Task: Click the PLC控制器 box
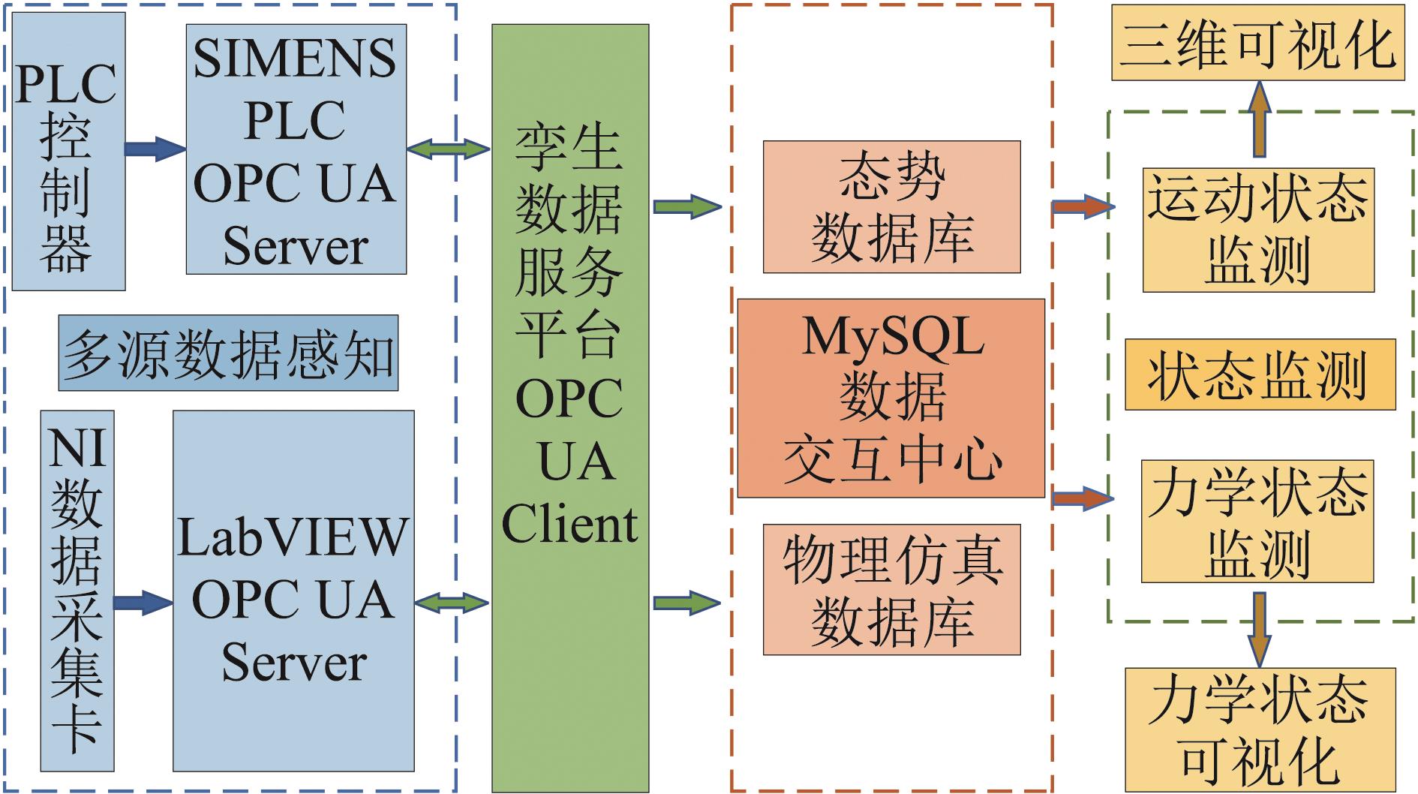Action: pyautogui.click(x=69, y=151)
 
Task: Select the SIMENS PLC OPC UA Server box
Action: pyautogui.click(x=296, y=149)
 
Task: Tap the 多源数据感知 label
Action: pyautogui.click(x=228, y=353)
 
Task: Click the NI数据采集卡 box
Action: pyautogui.click(x=77, y=591)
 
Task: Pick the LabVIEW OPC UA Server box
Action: pyautogui.click(x=293, y=591)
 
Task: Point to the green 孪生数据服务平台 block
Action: pyautogui.click(x=570, y=408)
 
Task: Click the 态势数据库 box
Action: pyautogui.click(x=891, y=206)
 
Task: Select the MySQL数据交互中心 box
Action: pyautogui.click(x=891, y=398)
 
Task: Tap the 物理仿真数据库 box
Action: pyautogui.click(x=891, y=589)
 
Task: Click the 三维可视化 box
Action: pyautogui.click(x=1257, y=43)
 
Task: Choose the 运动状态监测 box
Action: pyautogui.click(x=1258, y=230)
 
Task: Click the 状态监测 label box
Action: pyautogui.click(x=1260, y=374)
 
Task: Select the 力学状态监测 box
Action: pyautogui.click(x=1257, y=521)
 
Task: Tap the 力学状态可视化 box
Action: pyautogui.click(x=1260, y=728)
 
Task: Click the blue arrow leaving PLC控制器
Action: pyautogui.click(x=155, y=149)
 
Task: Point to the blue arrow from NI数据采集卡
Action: pyautogui.click(x=143, y=603)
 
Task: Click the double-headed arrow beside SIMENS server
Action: pyautogui.click(x=449, y=149)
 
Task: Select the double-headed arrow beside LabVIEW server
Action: pyautogui.click(x=452, y=603)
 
